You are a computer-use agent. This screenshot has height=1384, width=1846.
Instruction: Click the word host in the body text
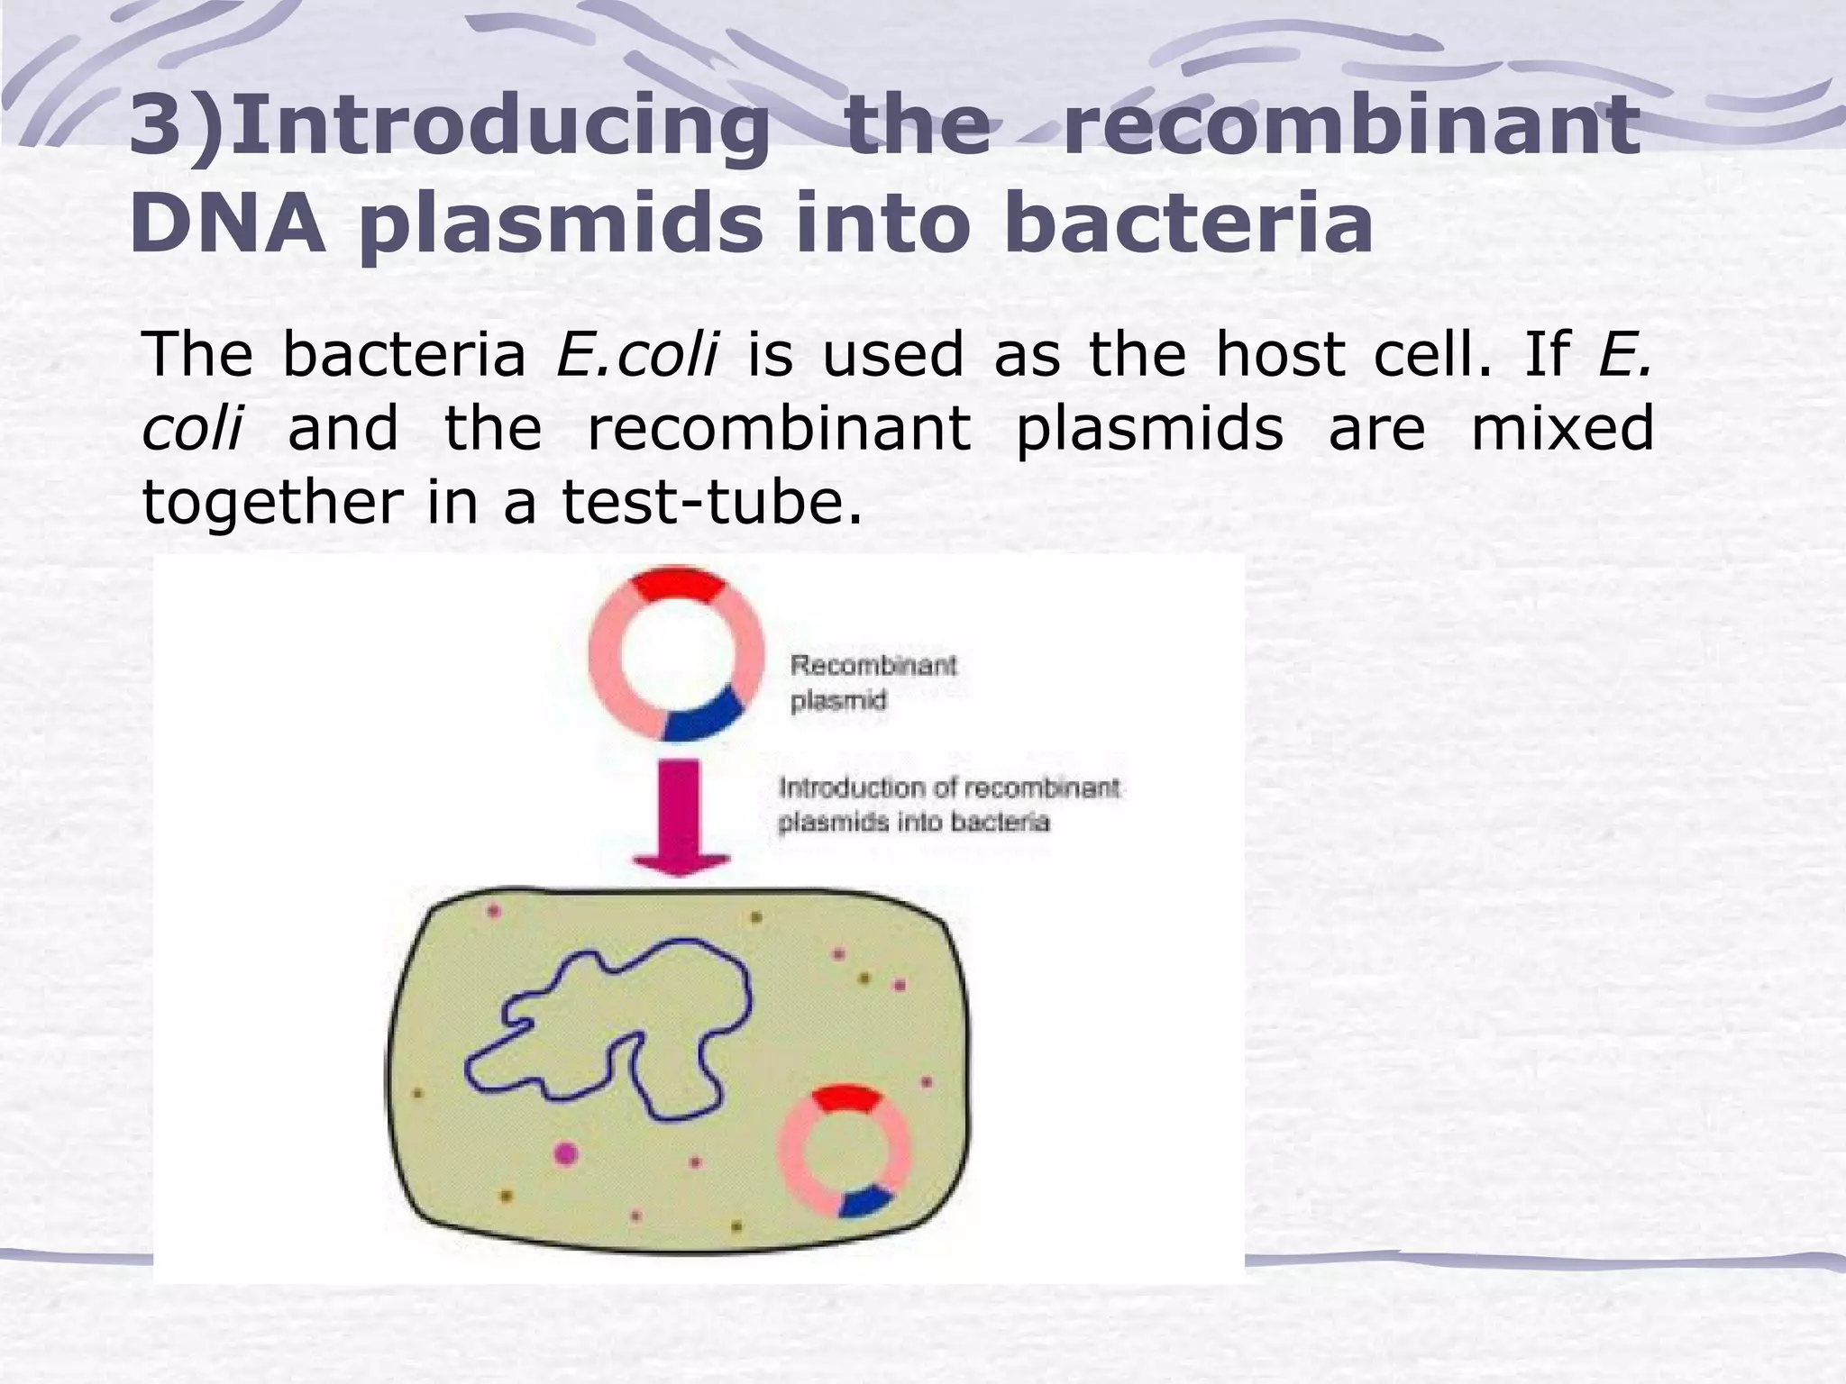(1281, 354)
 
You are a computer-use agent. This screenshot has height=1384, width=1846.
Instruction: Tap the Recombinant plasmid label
(873, 683)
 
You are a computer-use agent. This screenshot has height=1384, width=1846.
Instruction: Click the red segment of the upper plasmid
(677, 586)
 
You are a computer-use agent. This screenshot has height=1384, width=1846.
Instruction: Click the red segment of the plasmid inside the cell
(845, 1099)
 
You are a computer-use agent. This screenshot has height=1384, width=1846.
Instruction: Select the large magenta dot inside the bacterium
(565, 1152)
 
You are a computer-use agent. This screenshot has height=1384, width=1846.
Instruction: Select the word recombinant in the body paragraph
(779, 428)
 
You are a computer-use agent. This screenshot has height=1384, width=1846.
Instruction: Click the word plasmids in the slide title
(560, 225)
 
